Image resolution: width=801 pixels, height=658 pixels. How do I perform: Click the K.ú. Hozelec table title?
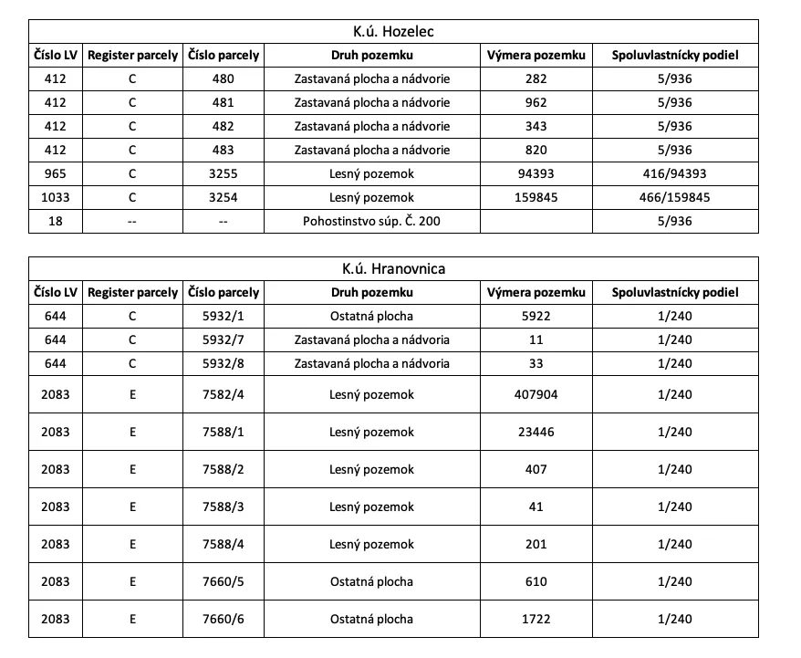[393, 32]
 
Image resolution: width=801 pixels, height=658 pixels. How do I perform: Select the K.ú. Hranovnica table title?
[393, 269]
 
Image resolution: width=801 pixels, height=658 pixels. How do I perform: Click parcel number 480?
[223, 78]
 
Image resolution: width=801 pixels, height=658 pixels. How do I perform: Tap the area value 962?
[536, 102]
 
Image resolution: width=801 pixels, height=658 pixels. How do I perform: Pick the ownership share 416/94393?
[674, 173]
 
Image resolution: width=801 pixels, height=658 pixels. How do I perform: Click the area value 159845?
[536, 197]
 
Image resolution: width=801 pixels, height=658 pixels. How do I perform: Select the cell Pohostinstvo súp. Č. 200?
[371, 221]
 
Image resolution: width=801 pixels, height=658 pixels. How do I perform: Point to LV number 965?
[55, 173]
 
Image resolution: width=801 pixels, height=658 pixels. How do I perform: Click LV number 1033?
[55, 197]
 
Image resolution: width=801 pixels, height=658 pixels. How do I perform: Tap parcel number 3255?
[223, 173]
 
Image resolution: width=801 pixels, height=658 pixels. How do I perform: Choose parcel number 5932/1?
[223, 317]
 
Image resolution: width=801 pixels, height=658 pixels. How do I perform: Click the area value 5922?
[536, 317]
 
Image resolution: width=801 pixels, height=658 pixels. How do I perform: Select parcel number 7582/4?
[223, 394]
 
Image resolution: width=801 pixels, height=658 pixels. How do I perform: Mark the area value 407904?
[536, 394]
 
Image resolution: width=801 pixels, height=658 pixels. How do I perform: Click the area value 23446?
[536, 432]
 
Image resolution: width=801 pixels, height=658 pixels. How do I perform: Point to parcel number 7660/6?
[223, 619]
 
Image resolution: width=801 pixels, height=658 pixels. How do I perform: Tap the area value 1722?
[536, 619]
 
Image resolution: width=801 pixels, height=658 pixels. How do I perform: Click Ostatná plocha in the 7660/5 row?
[371, 581]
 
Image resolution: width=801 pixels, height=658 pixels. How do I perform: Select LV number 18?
[55, 221]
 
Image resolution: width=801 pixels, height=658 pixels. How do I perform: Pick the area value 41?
[536, 507]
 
